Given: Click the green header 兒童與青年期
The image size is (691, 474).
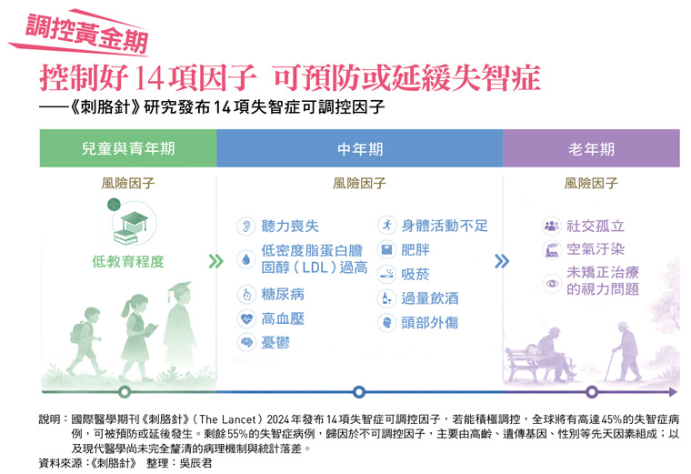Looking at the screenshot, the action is [128, 148].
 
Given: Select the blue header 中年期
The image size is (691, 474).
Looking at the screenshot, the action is [360, 148].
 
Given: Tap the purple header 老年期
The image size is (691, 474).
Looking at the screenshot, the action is [591, 148].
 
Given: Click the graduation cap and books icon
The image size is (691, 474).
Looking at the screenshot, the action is [133, 223].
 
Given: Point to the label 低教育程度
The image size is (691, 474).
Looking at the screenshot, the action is [128, 261].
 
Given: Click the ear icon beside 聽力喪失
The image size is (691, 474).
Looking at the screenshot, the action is [246, 226].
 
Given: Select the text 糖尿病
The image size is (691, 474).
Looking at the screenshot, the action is [283, 294].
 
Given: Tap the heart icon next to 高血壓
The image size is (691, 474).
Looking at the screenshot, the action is [246, 318].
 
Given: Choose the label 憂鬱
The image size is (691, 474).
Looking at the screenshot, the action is [275, 342].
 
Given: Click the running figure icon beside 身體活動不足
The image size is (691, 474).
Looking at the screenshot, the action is [387, 226].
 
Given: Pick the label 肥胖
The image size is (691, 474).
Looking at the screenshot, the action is [416, 250].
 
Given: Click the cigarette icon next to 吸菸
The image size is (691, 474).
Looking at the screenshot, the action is [387, 274].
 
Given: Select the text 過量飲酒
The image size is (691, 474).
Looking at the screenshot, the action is [430, 298].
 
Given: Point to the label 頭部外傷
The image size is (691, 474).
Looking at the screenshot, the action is [430, 323].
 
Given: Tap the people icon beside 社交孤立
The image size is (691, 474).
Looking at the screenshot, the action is [552, 227].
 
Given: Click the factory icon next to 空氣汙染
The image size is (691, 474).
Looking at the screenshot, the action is [552, 250].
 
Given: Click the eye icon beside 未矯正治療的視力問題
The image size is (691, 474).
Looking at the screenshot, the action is [552, 282].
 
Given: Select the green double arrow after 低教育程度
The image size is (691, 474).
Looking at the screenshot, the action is [215, 261].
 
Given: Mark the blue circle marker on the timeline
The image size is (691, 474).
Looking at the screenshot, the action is [359, 391].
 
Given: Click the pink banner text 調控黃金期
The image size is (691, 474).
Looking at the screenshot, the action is [86, 33].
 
